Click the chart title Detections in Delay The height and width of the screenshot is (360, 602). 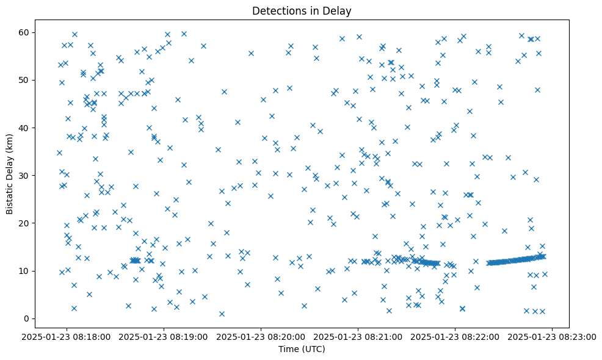(302, 11)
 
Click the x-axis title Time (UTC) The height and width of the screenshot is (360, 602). (302, 349)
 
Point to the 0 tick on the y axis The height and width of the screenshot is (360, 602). (27, 319)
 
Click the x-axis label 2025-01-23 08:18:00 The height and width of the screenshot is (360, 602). (67, 336)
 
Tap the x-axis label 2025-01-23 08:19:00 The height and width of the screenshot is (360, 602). (164, 336)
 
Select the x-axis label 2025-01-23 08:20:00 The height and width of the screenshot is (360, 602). (261, 336)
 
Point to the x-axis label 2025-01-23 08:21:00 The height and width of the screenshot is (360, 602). (358, 336)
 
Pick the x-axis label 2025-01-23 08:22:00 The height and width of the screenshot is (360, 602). (455, 336)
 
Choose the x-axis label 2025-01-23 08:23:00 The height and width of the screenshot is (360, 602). (553, 336)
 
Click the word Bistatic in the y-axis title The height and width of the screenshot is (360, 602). (10, 197)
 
